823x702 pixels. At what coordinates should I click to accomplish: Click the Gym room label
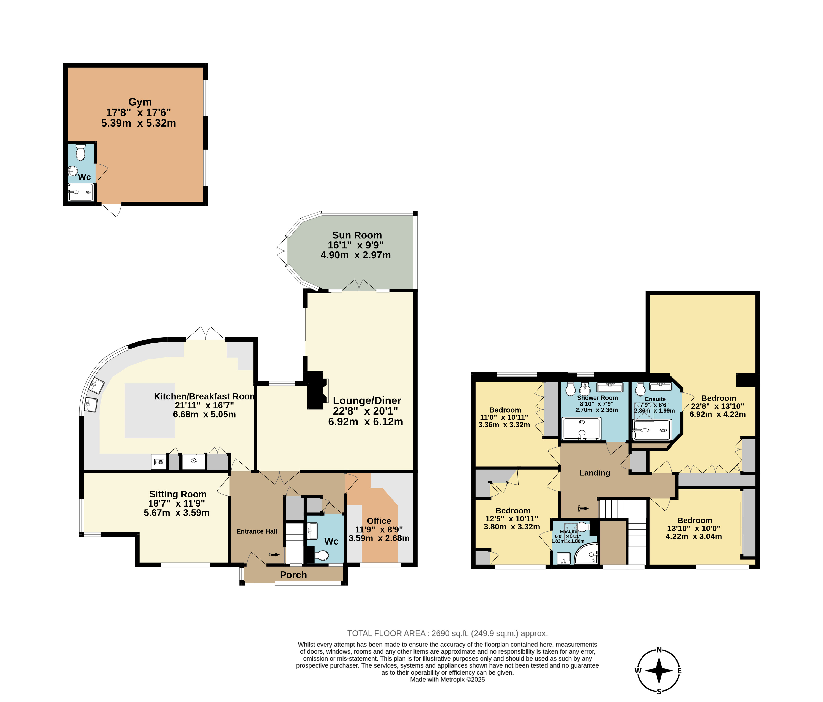140,102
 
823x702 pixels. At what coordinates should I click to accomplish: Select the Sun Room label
357,235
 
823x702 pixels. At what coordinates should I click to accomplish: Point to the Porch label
293,575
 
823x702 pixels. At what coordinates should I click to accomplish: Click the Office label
379,521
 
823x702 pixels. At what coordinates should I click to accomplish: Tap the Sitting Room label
178,494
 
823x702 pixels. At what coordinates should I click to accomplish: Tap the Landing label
595,473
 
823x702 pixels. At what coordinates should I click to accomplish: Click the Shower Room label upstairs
597,397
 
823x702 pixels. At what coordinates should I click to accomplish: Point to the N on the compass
659,650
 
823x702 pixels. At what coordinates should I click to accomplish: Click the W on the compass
638,671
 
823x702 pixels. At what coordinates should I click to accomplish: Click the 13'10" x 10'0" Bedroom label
695,520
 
